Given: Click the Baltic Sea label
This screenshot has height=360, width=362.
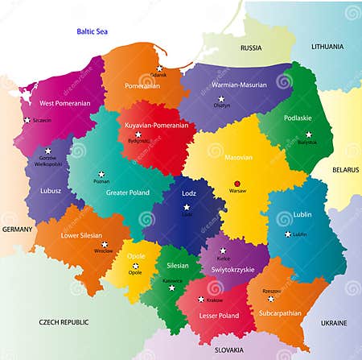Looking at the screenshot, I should point(92,31).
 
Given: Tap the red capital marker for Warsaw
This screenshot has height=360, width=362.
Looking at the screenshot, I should point(237,182).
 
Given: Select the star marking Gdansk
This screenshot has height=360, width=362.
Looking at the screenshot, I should point(160,68).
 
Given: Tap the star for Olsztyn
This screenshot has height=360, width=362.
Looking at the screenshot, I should point(221,98).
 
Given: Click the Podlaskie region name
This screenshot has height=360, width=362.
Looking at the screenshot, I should point(298,118).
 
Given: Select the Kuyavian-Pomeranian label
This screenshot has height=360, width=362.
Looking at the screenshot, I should point(157,126).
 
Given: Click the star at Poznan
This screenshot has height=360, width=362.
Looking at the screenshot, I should point(101,174).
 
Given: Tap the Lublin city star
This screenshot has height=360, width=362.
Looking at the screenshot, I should point(288,234).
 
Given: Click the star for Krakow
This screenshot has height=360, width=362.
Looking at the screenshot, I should point(201,300).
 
